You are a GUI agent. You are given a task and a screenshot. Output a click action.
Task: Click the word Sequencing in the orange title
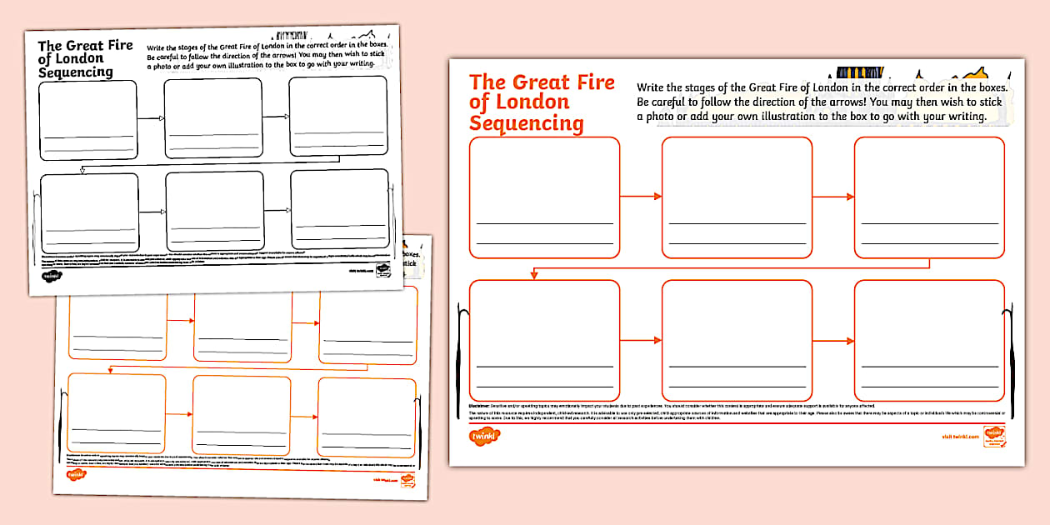tap(526, 123)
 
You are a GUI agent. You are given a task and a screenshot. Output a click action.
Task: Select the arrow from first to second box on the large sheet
tap(641, 197)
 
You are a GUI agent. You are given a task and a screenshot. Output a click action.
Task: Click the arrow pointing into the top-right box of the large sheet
tap(833, 197)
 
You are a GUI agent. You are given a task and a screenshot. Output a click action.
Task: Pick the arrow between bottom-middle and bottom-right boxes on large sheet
tap(833, 340)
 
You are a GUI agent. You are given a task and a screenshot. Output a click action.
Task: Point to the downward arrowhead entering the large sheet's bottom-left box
tap(533, 275)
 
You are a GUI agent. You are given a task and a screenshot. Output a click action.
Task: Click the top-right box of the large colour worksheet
tap(929, 197)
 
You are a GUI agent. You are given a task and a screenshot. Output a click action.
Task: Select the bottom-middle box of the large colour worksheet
tap(737, 340)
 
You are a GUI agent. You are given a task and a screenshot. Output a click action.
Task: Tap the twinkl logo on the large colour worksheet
tap(484, 436)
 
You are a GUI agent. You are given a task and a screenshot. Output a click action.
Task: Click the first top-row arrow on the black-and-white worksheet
tap(150, 118)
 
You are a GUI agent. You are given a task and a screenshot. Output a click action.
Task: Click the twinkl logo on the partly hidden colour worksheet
tap(77, 474)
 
